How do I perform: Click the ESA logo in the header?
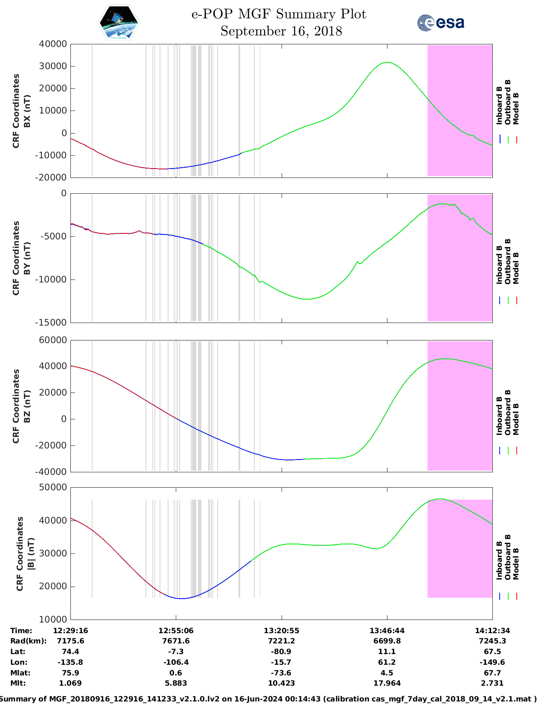[440, 23]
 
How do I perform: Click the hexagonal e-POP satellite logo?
[119, 23]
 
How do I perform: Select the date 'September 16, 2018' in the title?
[281, 31]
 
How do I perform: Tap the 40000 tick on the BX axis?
[53, 44]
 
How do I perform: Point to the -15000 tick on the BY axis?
[52, 323]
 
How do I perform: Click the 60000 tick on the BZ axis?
[53, 340]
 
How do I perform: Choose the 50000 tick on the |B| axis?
[53, 487]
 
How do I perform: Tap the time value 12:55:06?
[176, 631]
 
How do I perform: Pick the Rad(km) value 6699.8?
[387, 641]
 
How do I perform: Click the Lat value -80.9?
[282, 652]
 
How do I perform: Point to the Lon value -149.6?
[492, 662]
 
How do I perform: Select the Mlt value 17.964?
[387, 683]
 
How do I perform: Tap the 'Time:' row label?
[21, 631]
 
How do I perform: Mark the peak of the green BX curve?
[387, 62]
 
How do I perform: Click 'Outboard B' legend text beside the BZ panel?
[508, 412]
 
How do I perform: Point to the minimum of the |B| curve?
[181, 599]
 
